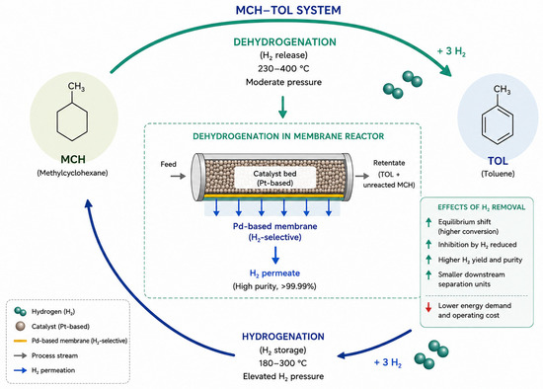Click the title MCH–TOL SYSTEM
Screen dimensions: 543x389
pyautogui.click(x=288, y=10)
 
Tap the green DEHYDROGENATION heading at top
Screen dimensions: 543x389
pyautogui.click(x=284, y=41)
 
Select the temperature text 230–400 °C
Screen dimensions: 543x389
pyautogui.click(x=283, y=68)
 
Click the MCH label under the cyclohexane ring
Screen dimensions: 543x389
pyautogui.click(x=73, y=159)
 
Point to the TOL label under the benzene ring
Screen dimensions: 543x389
pyautogui.click(x=498, y=161)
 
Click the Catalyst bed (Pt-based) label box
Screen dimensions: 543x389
pyautogui.click(x=275, y=178)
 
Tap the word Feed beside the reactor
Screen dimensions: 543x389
pyautogui.click(x=168, y=164)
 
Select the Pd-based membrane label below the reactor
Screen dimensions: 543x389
pyautogui.click(x=275, y=226)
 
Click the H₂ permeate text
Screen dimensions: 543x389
pyautogui.click(x=274, y=273)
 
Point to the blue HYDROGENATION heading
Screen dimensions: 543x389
pyautogui.click(x=283, y=337)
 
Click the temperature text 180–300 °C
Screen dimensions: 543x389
pyautogui.click(x=283, y=363)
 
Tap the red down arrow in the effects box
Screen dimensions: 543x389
pyautogui.click(x=428, y=307)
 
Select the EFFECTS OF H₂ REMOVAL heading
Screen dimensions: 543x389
pyautogui.click(x=482, y=207)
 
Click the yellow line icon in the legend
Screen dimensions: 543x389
pyautogui.click(x=20, y=341)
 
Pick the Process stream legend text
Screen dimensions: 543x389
pyautogui.click(x=54, y=355)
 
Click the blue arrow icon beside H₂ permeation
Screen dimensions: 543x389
pyautogui.click(x=20, y=370)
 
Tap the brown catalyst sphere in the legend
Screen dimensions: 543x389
pyautogui.click(x=21, y=326)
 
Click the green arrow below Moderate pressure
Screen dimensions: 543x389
pyautogui.click(x=283, y=107)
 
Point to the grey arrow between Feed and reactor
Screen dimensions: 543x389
pyautogui.click(x=178, y=177)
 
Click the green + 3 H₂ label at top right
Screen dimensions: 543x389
pyautogui.click(x=451, y=51)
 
